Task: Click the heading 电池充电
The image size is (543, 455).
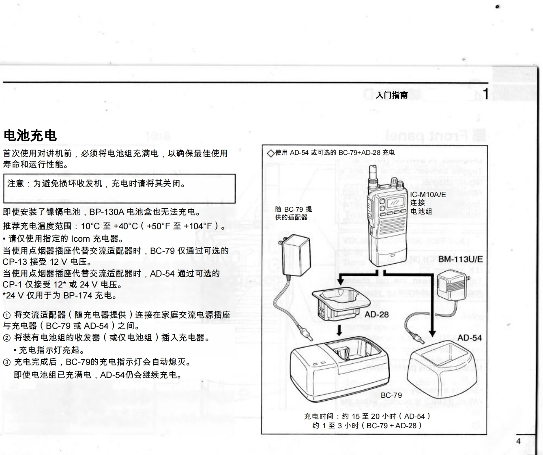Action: pyautogui.click(x=30, y=135)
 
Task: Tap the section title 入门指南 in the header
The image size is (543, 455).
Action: pyautogui.click(x=391, y=95)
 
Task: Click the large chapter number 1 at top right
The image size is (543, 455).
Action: pyautogui.click(x=485, y=94)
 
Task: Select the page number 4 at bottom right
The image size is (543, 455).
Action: pyautogui.click(x=518, y=441)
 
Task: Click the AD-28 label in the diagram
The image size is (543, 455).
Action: pyautogui.click(x=376, y=314)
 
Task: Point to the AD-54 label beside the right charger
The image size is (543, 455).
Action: pyautogui.click(x=470, y=338)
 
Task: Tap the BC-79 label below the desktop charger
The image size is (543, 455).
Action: pyautogui.click(x=391, y=395)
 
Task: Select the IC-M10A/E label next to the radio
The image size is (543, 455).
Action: pyautogui.click(x=428, y=195)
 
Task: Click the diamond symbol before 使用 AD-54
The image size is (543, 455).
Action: pyautogui.click(x=270, y=153)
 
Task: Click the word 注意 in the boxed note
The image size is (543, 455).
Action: pyautogui.click(x=16, y=184)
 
